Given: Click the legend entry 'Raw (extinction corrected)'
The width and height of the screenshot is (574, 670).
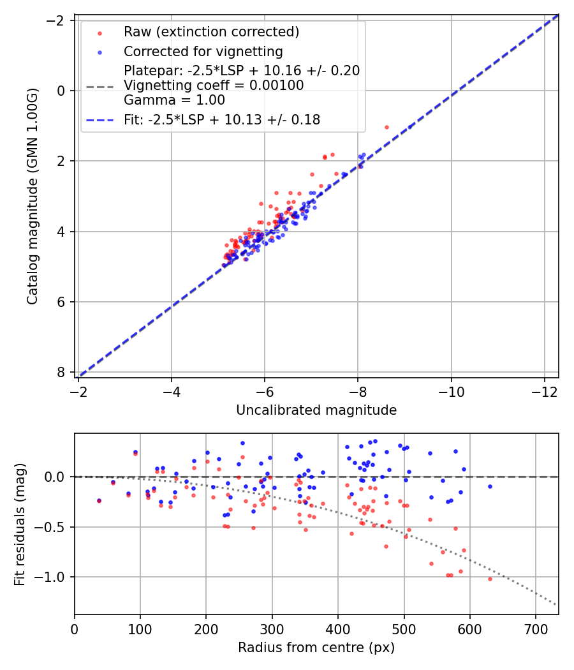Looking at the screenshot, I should click(x=211, y=32).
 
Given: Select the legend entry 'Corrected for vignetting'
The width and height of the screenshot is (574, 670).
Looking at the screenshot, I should click(x=203, y=51).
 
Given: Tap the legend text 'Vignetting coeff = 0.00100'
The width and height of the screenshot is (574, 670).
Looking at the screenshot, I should click(x=214, y=85).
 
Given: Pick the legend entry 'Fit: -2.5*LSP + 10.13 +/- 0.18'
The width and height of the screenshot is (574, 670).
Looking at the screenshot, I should click(x=221, y=119).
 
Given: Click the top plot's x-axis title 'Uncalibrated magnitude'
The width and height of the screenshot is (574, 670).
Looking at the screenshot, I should click(x=316, y=410).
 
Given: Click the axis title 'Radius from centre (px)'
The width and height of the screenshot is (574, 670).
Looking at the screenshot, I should click(x=316, y=648).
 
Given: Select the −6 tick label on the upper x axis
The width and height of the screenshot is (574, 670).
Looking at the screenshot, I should click(x=265, y=390).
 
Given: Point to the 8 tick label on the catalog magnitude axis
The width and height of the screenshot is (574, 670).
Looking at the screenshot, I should click(x=62, y=372).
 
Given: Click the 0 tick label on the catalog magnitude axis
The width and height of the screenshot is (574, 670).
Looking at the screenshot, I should click(x=62, y=91).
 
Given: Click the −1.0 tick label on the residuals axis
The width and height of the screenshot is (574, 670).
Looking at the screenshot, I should click(x=54, y=577).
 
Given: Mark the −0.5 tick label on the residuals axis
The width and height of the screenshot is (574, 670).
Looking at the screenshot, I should click(x=54, y=527).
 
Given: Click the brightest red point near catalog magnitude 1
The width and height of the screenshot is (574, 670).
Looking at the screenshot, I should click(x=386, y=127).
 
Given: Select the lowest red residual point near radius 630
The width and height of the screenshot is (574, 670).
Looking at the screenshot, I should click(x=490, y=579).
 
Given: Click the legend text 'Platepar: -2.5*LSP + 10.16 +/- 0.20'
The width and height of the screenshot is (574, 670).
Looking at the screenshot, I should click(x=242, y=71).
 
